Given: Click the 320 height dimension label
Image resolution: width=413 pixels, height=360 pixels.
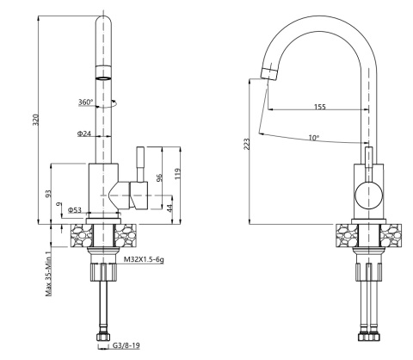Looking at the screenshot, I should (x=35, y=120).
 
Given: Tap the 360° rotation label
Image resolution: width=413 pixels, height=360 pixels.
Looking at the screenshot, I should (x=85, y=102).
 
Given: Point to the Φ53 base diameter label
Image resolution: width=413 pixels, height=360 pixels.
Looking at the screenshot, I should (x=75, y=209).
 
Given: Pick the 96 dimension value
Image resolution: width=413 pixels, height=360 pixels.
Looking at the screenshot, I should (x=159, y=177).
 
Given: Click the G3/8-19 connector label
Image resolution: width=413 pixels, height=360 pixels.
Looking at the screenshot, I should (x=126, y=346).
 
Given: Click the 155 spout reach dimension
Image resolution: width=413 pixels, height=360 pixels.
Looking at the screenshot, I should (x=319, y=107).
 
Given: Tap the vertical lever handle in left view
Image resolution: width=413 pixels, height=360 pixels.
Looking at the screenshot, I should (x=135, y=164).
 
